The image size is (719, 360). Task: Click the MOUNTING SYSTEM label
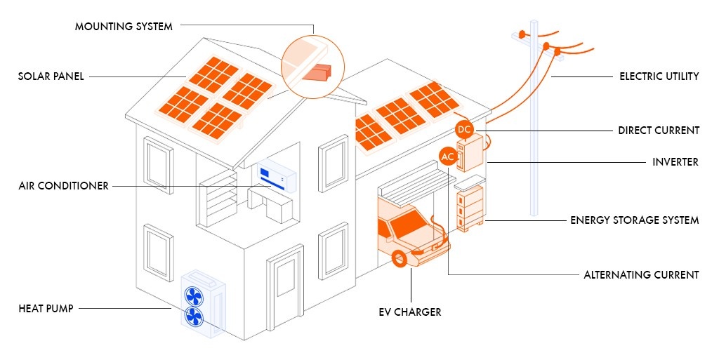(124, 27)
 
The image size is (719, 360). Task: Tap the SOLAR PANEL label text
(51, 76)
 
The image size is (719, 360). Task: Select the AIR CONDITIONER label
(64, 186)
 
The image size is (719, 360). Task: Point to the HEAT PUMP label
(46, 308)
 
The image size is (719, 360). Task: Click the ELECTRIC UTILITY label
(659, 76)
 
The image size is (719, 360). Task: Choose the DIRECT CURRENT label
(659, 131)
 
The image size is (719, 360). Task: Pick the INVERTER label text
(675, 162)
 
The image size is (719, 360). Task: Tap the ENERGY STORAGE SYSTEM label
(634, 220)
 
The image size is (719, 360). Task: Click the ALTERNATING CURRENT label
(641, 275)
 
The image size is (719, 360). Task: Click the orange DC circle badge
(464, 129)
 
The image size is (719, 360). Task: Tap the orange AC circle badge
(448, 156)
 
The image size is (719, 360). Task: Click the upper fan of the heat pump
(193, 294)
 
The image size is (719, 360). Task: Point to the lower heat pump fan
(194, 317)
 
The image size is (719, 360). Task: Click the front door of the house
(285, 288)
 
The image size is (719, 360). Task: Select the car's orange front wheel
(400, 260)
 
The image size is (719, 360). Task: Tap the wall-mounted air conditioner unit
(277, 177)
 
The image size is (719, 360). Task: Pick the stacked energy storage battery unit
(470, 206)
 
